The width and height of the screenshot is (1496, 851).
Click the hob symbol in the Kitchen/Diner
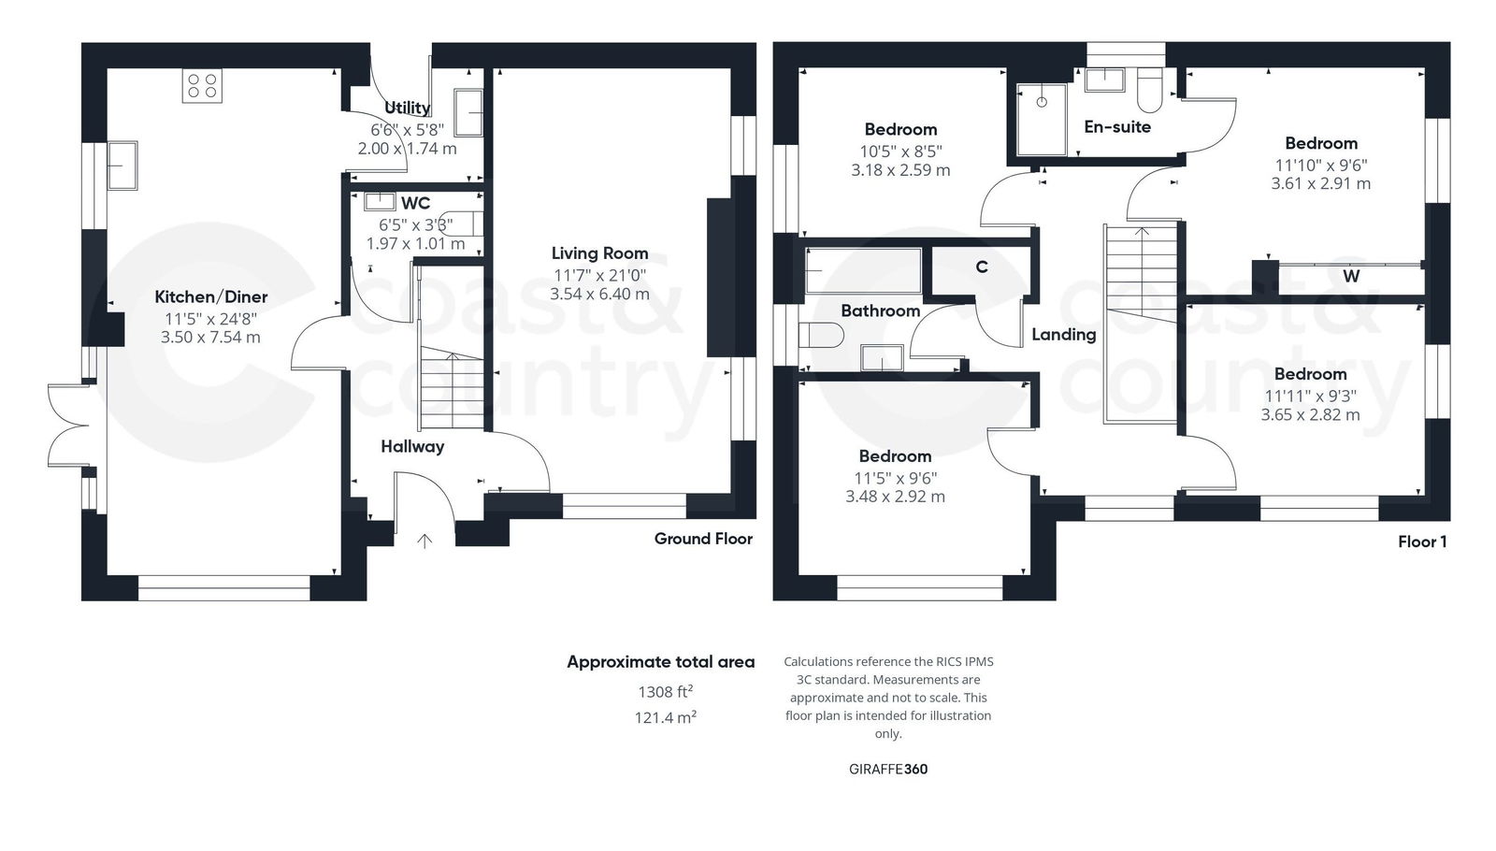coord(203,87)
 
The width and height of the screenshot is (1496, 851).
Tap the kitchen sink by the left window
coord(122,165)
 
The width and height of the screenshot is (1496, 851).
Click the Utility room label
coord(407,108)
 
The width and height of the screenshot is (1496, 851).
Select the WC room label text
coord(415,203)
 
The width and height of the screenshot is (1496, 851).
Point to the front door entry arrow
coord(424,541)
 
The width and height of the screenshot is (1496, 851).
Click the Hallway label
coord(412,446)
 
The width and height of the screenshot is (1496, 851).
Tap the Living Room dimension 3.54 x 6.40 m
coord(599,294)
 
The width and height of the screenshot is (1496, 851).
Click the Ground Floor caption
coord(703,538)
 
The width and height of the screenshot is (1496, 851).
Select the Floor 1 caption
coord(1422,541)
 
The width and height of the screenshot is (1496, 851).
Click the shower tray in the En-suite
coord(1041,118)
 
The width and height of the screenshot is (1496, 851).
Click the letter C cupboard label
coord(982,267)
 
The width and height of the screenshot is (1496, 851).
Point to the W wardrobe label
coord(1351,276)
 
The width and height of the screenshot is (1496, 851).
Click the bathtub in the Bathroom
coord(863,271)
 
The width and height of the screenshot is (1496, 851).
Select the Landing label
coord(1064,334)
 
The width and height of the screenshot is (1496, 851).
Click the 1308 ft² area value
coord(665,692)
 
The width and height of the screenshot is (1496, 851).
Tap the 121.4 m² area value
coord(665,717)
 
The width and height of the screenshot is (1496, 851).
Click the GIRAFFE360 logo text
coord(887,769)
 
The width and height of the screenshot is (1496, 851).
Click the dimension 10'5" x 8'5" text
coord(900,151)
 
